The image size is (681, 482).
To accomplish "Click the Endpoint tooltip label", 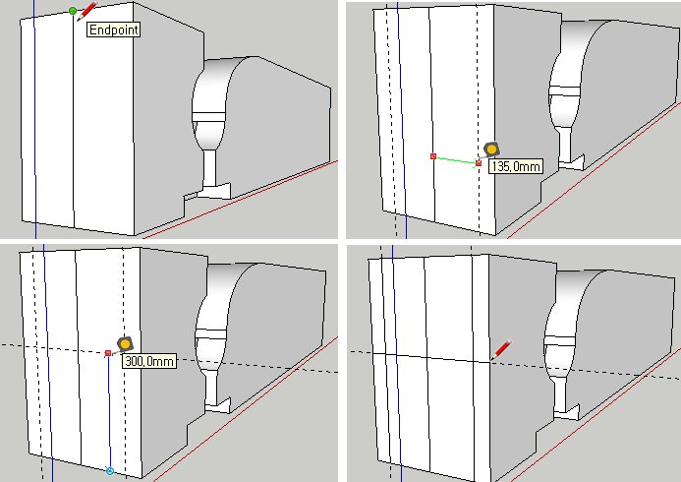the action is click(x=114, y=30).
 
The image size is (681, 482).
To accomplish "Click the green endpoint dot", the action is click(x=73, y=11).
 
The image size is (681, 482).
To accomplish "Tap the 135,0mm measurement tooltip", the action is click(x=516, y=166).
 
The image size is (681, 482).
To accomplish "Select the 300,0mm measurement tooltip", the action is click(x=149, y=361).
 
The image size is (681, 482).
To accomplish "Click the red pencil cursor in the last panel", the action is click(x=501, y=350).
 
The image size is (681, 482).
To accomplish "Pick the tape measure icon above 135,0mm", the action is click(x=491, y=150).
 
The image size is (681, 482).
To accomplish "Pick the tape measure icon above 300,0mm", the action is click(x=125, y=344).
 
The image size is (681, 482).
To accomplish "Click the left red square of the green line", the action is click(x=433, y=156).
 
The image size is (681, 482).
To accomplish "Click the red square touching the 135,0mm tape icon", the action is click(x=479, y=163).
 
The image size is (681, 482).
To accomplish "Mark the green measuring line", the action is click(x=456, y=160).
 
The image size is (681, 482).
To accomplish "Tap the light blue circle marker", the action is click(x=110, y=471).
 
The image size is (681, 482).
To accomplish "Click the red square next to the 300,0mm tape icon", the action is click(x=108, y=353).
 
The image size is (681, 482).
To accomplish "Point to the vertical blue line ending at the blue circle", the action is click(x=109, y=411).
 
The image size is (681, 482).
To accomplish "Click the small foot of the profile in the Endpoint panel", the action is click(x=216, y=190).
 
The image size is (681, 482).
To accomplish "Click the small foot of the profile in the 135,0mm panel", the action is click(x=572, y=162).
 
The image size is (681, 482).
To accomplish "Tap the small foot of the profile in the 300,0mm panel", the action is click(x=218, y=405).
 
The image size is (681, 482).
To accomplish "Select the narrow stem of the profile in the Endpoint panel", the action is click(x=210, y=168).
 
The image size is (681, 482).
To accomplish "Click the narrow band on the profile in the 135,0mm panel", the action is click(x=565, y=91).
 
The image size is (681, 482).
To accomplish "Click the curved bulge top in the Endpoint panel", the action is click(x=226, y=65).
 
